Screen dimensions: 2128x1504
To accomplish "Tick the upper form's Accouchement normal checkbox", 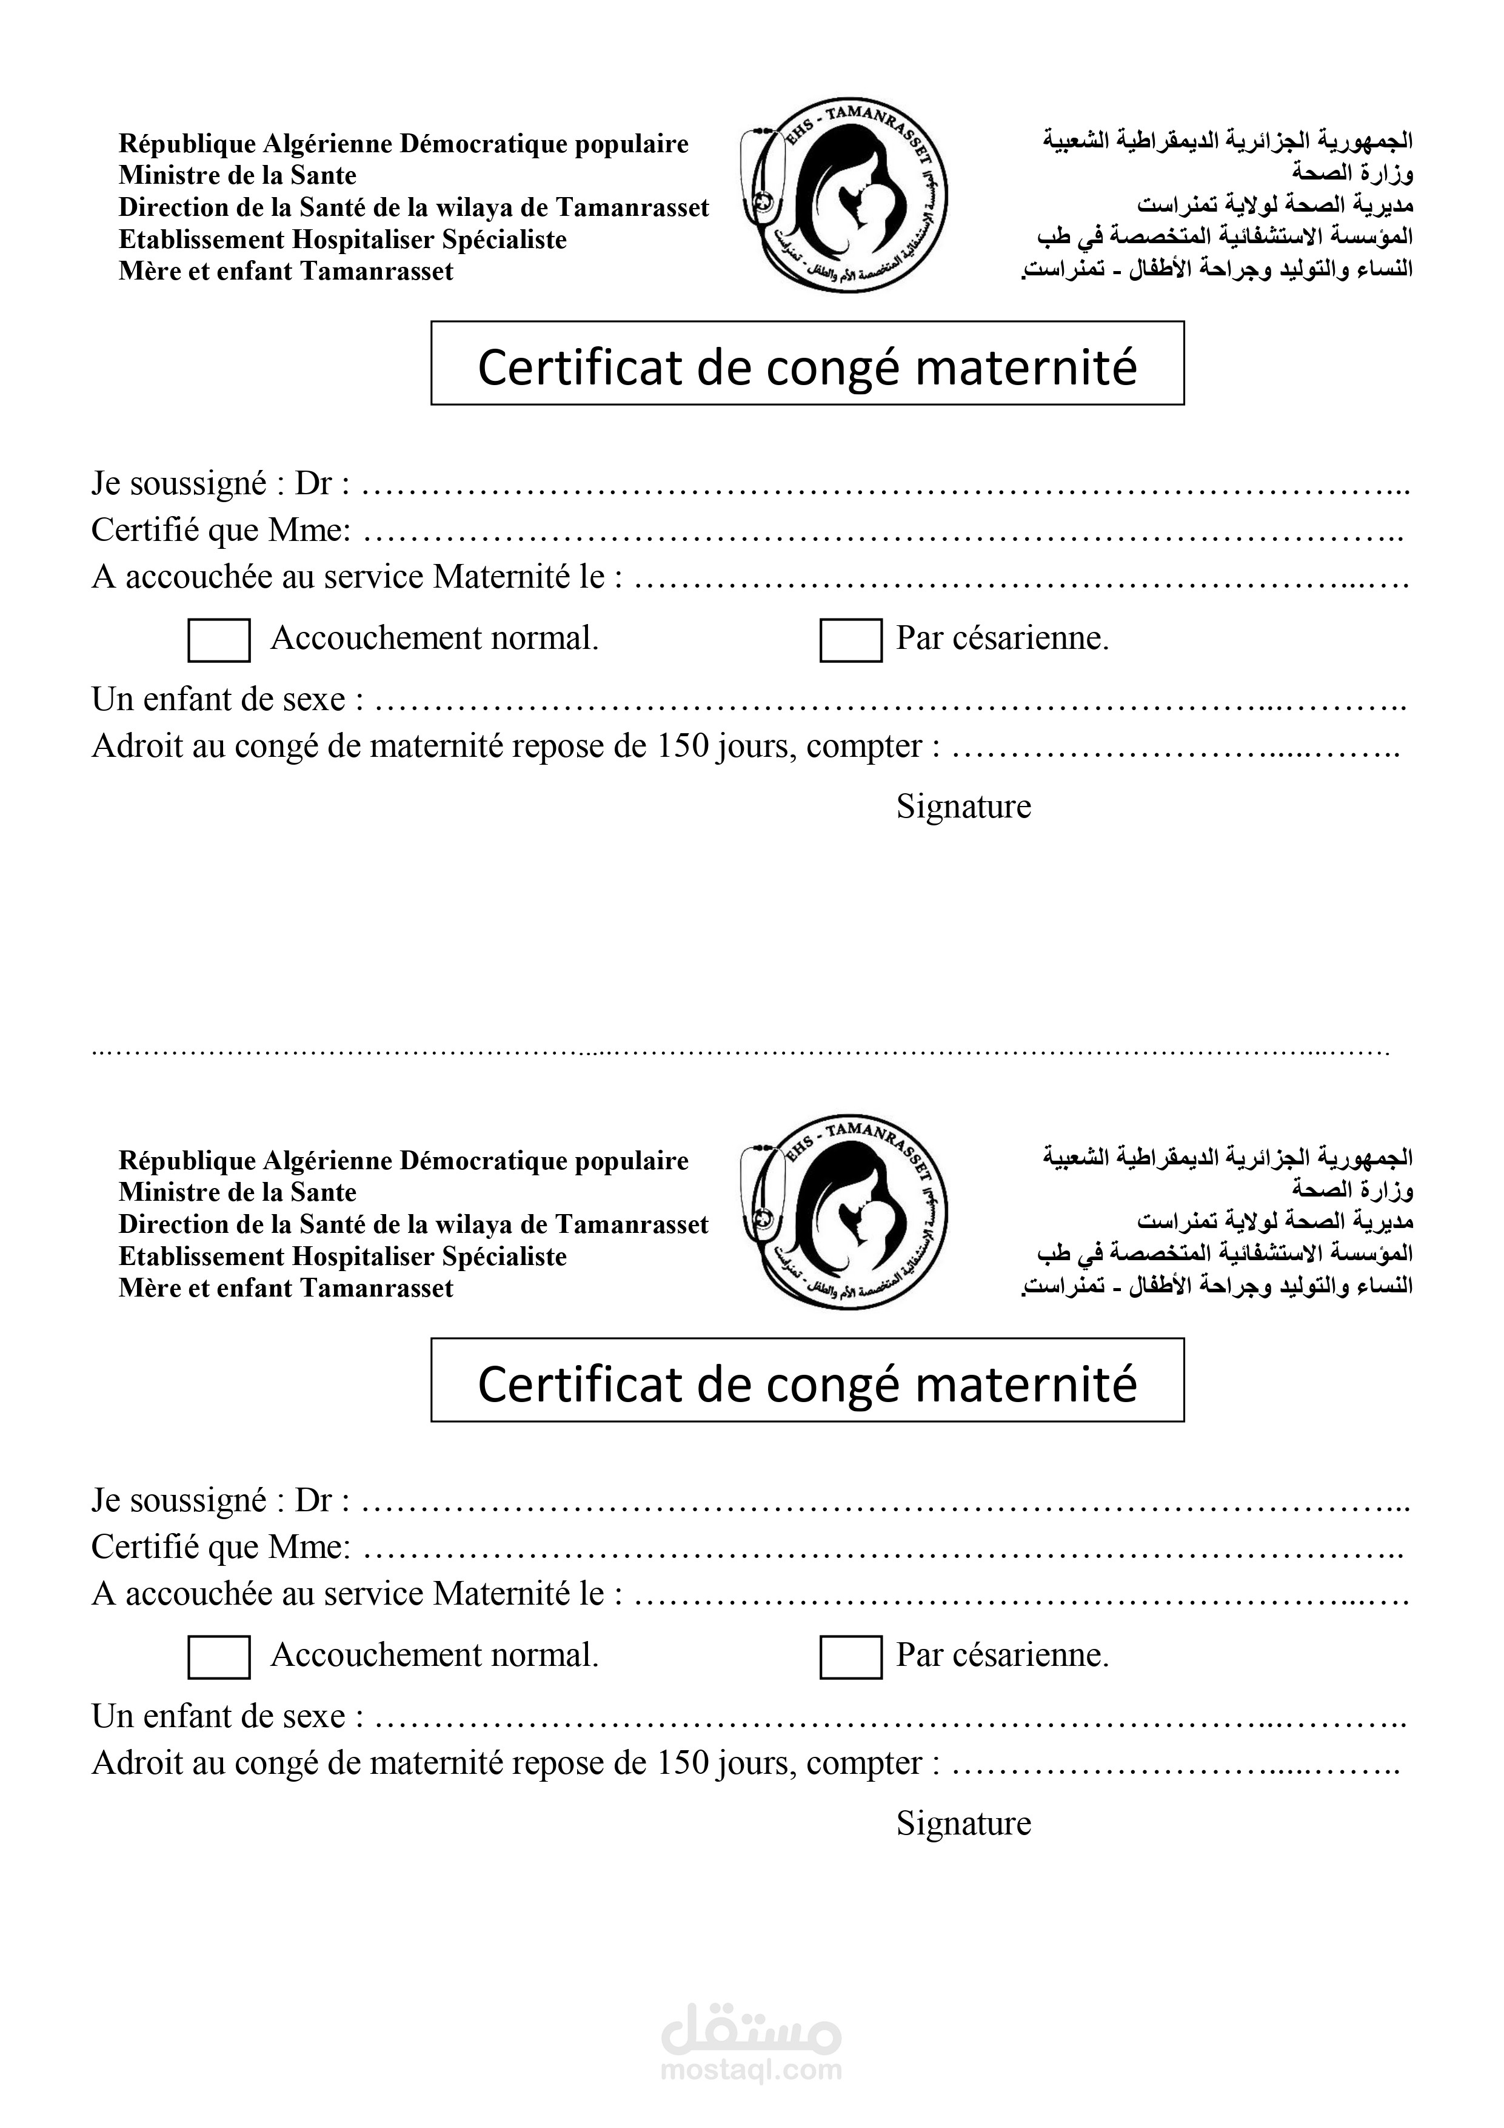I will pyautogui.click(x=219, y=640).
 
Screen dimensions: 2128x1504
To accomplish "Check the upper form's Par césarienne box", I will pyautogui.click(x=851, y=640).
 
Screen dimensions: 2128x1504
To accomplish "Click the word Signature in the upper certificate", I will pyautogui.click(x=963, y=807).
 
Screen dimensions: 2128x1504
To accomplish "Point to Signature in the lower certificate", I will pyautogui.click(x=963, y=1823).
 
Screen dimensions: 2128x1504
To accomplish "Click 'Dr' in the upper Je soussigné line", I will pyautogui.click(x=312, y=484).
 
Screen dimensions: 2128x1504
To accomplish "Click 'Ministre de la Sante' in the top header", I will pyautogui.click(x=237, y=175).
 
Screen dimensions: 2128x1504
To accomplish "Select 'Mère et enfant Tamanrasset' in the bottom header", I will pyautogui.click(x=286, y=1288).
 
